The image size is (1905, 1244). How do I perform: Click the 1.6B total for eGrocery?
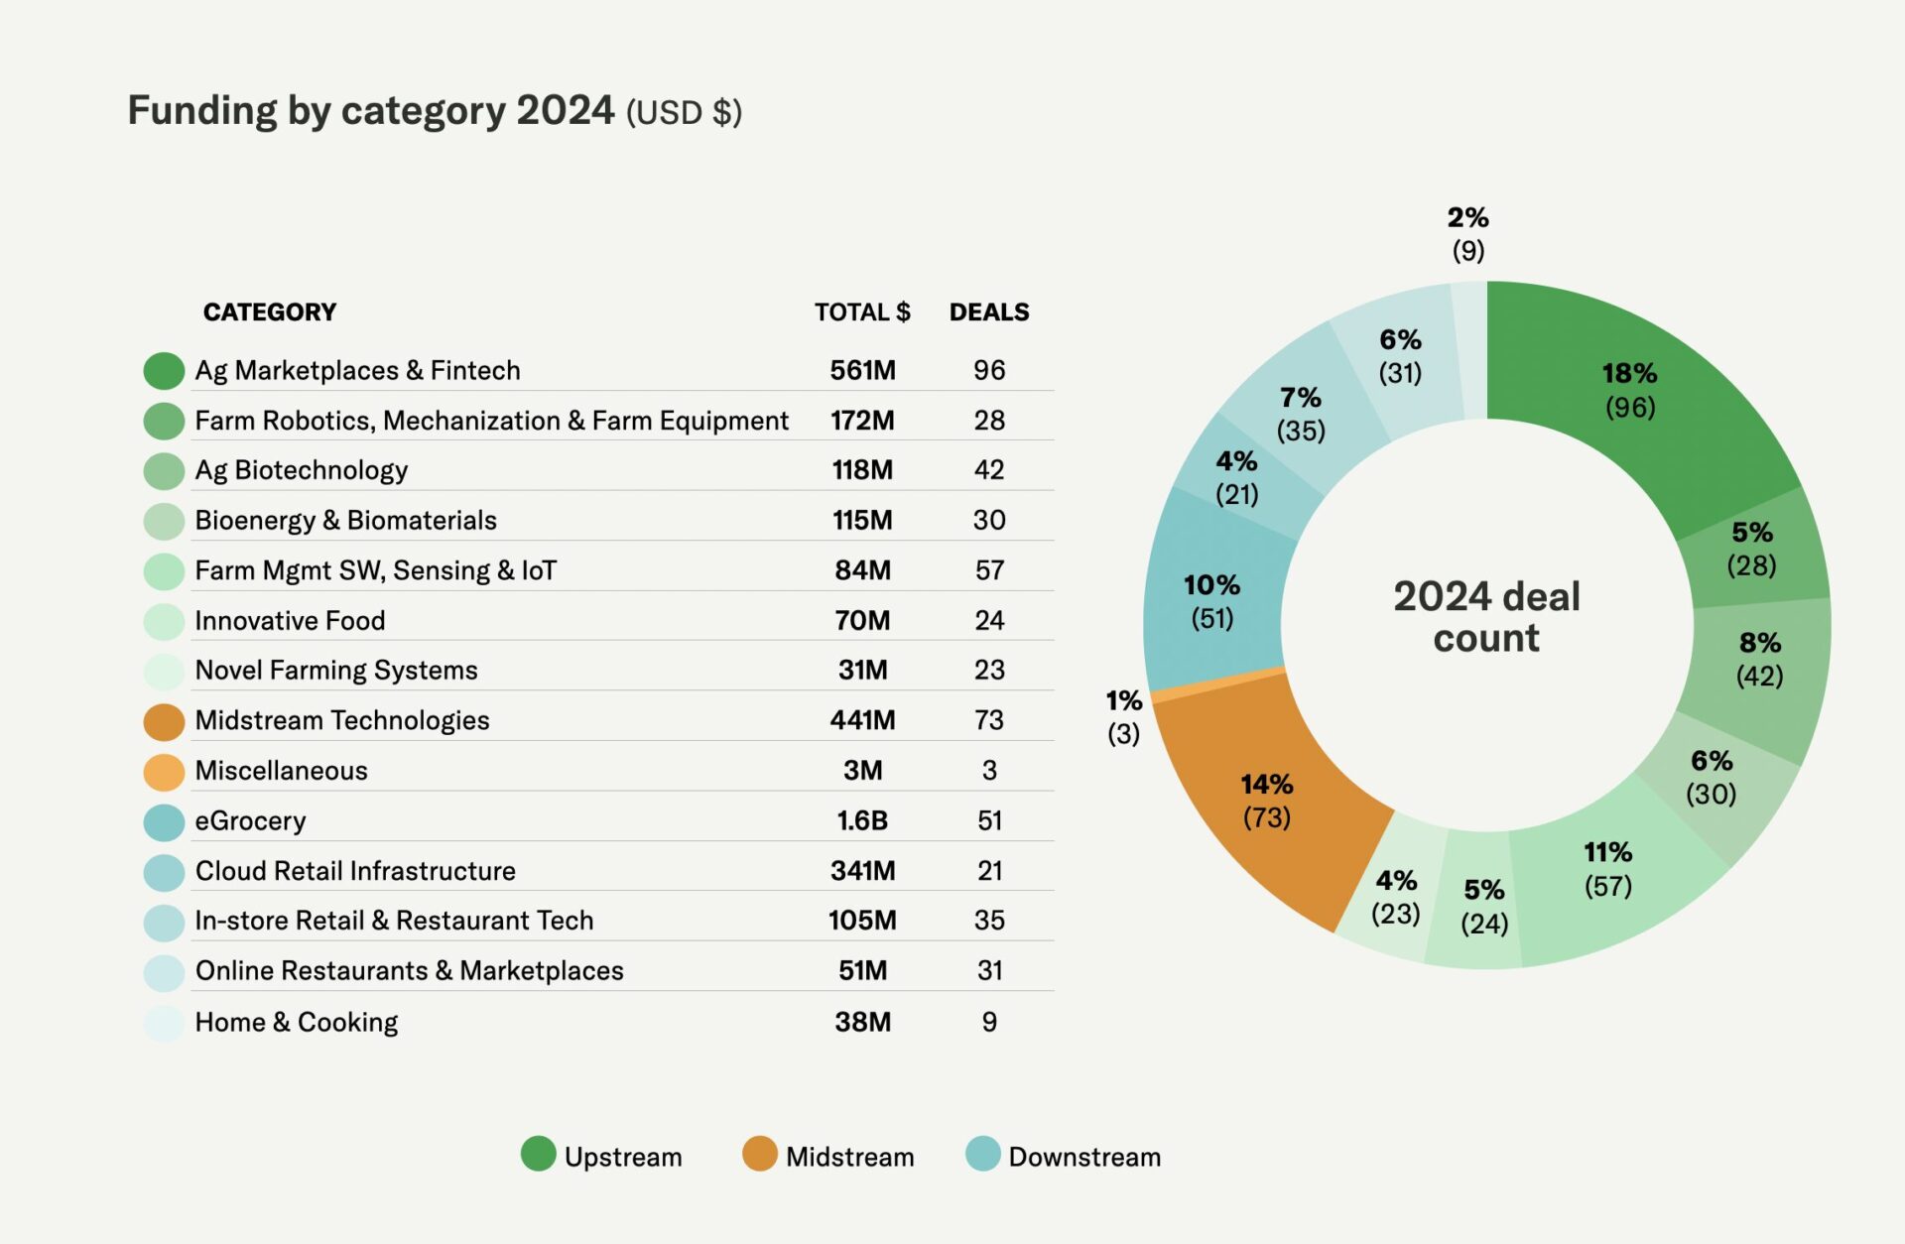[x=861, y=820]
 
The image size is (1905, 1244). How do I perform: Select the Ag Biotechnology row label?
[x=301, y=470]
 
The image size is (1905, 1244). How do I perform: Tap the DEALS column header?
[x=988, y=312]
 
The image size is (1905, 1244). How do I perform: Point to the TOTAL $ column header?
[x=861, y=312]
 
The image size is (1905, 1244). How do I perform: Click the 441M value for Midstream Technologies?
[x=861, y=720]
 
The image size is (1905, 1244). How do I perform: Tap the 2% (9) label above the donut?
[x=1467, y=233]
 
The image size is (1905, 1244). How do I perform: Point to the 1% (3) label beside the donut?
[x=1123, y=716]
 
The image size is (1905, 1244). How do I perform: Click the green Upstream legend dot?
[x=538, y=1154]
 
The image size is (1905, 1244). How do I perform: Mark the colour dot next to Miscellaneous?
[x=164, y=772]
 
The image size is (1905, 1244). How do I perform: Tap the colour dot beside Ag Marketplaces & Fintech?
[x=164, y=371]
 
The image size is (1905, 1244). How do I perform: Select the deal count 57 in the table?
[x=988, y=570]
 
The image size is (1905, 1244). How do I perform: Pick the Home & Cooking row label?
[x=296, y=1022]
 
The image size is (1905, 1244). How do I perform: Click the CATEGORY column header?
[x=269, y=312]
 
